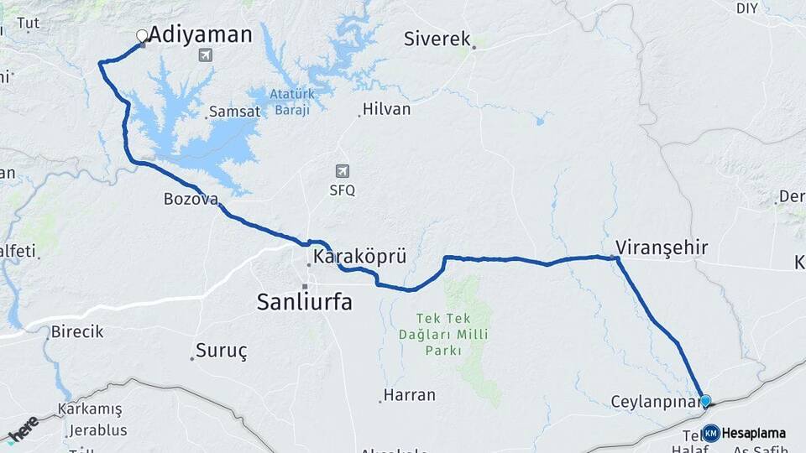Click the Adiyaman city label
200,34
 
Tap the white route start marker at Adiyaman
142,36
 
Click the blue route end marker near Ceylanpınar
705,401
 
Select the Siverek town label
437,39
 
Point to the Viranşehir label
662,247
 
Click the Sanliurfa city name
305,303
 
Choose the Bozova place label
191,200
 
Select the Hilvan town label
387,109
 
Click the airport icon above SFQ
342,171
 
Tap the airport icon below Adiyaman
204,55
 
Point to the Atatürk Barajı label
290,102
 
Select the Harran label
410,394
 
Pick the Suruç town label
222,351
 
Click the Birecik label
77,331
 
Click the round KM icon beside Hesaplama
711,433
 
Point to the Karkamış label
90,409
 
